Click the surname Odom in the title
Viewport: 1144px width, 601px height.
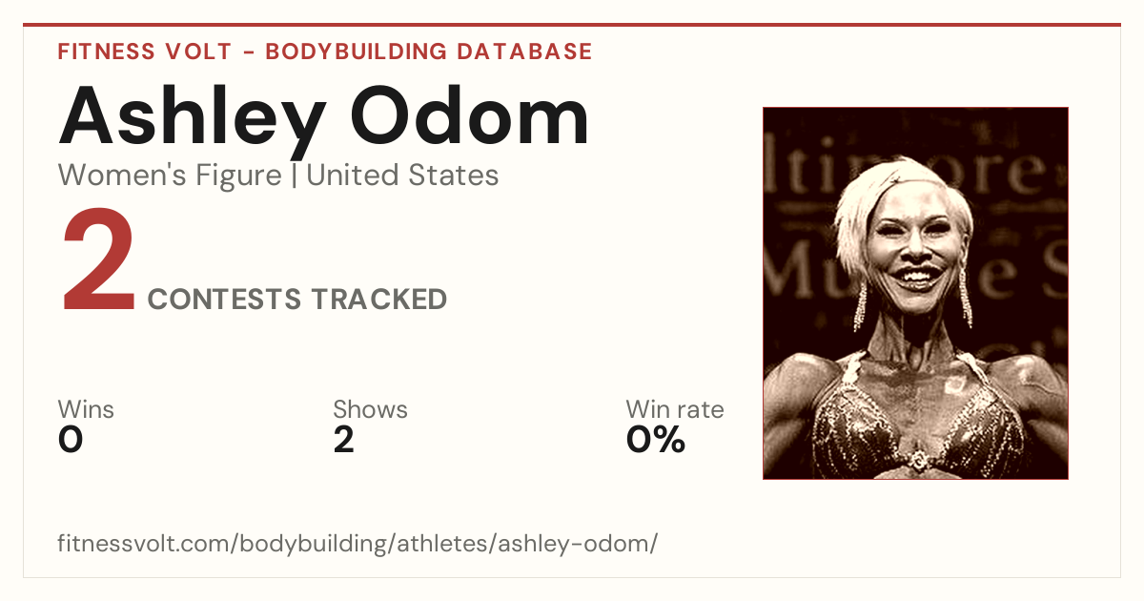click(469, 115)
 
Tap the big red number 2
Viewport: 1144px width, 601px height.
click(98, 259)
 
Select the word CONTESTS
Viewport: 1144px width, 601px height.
click(224, 299)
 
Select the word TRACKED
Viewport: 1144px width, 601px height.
click(379, 299)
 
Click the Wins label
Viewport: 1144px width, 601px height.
click(86, 409)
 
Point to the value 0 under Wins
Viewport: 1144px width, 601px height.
click(71, 440)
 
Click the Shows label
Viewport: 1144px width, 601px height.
click(370, 409)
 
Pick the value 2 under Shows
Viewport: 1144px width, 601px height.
click(344, 440)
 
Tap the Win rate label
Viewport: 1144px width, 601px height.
click(675, 409)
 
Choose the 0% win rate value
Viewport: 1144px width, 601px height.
click(656, 440)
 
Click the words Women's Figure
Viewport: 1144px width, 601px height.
click(170, 176)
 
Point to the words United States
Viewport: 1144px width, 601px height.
click(402, 176)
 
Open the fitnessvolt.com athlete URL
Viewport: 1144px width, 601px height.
click(357, 544)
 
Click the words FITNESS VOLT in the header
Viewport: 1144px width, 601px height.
click(145, 52)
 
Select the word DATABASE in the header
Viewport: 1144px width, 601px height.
click(524, 52)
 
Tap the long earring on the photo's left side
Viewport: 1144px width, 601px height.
click(861, 306)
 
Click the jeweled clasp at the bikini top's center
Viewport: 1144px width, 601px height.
click(918, 461)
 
